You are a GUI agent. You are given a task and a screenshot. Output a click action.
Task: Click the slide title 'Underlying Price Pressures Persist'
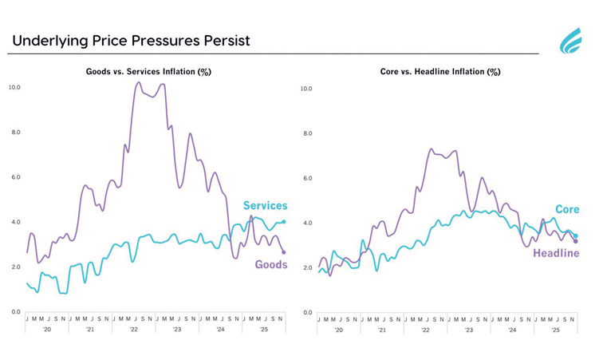[x=131, y=41]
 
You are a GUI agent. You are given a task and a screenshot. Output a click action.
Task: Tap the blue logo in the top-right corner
[x=571, y=41]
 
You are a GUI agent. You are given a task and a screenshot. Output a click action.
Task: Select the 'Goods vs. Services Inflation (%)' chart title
[x=148, y=72]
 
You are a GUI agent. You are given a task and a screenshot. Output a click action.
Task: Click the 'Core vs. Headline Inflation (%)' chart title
[x=440, y=72]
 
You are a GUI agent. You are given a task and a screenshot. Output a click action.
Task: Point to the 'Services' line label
[x=265, y=206]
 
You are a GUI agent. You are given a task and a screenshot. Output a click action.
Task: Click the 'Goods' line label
[x=271, y=264]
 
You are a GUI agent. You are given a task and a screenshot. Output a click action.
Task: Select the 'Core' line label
[x=567, y=209]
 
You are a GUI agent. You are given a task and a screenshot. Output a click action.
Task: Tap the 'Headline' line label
[x=556, y=253]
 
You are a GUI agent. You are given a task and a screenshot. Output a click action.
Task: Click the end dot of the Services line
[x=284, y=222]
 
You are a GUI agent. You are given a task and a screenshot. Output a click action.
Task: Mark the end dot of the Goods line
[x=284, y=252]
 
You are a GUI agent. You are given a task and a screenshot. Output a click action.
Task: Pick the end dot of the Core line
[x=576, y=235]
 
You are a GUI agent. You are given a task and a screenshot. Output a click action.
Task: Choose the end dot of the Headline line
[x=576, y=241]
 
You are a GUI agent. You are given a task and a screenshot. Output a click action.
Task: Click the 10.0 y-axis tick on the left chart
[x=14, y=87]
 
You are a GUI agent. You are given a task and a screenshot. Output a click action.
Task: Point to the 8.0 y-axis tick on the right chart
[x=307, y=133]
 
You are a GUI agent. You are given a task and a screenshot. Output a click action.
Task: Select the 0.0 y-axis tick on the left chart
[x=14, y=311]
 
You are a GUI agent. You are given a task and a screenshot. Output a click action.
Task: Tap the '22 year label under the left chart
[x=134, y=329]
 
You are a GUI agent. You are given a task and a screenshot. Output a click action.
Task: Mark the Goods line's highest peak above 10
[x=139, y=82]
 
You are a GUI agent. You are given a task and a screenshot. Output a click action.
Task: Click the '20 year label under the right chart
[x=339, y=329]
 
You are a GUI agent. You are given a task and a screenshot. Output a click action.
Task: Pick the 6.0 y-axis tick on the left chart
[x=14, y=177]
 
